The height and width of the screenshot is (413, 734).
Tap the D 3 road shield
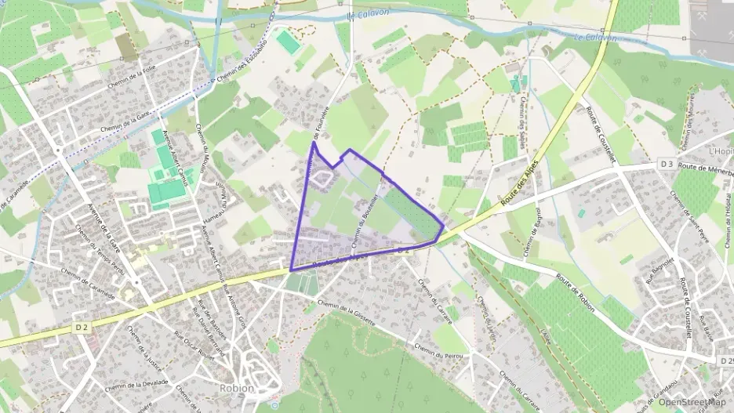(667, 164)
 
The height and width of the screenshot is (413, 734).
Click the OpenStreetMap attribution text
(692, 402)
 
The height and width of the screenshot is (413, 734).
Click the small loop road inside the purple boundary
(321, 179)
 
